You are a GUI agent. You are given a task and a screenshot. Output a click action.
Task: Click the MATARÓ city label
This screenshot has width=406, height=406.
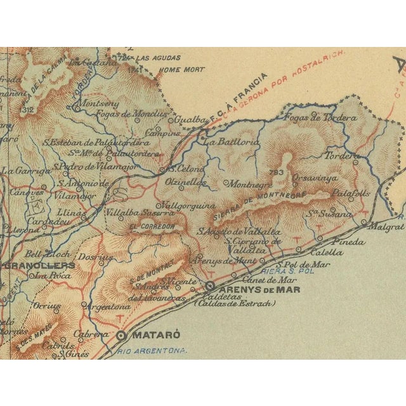point(155,335)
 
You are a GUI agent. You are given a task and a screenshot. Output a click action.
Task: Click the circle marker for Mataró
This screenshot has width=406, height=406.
point(121,335)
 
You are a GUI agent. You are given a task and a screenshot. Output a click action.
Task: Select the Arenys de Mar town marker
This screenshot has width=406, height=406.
point(209,286)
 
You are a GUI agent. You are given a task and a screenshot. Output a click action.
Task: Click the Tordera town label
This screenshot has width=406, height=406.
point(342,155)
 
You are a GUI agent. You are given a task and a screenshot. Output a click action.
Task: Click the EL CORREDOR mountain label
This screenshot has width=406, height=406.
point(151,226)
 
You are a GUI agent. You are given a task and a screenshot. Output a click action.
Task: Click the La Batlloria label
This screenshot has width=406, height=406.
point(232,143)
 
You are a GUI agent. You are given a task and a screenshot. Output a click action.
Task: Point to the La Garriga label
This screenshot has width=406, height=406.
point(25,170)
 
